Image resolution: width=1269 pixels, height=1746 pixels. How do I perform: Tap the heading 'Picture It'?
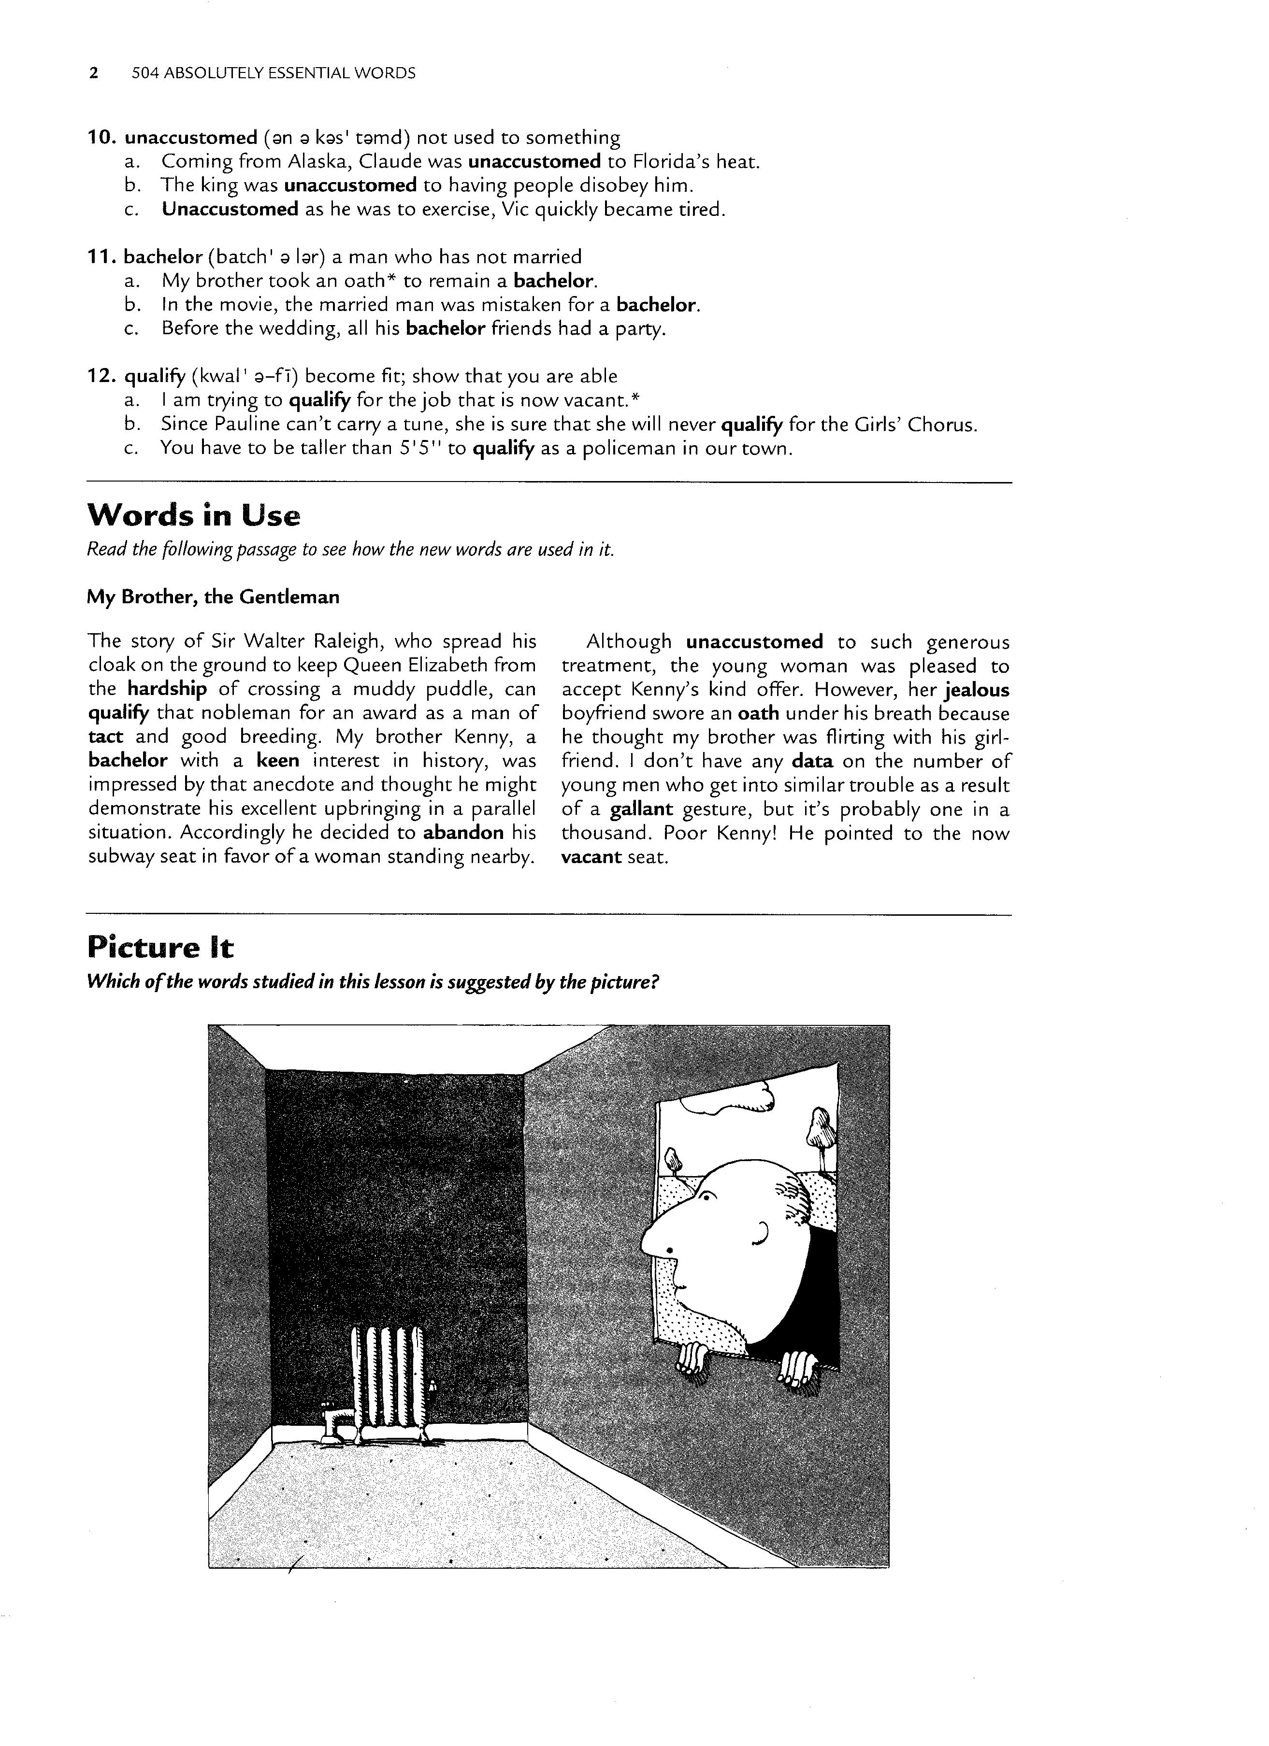pyautogui.click(x=159, y=947)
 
